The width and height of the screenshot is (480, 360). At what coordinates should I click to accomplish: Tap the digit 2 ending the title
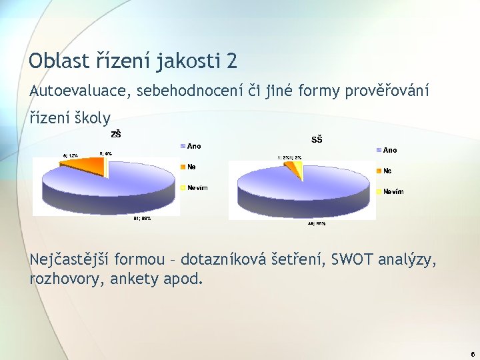231,61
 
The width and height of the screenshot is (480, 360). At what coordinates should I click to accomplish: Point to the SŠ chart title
317,139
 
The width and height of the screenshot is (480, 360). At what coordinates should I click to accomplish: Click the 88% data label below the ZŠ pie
142,218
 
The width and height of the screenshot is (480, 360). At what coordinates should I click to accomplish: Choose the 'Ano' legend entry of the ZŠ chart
193,146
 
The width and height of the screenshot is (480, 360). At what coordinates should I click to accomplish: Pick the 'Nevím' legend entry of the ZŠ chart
197,188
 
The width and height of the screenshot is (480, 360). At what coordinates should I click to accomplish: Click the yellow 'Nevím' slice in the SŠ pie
300,171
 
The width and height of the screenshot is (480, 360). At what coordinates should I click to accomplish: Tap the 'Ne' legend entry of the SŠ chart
387,171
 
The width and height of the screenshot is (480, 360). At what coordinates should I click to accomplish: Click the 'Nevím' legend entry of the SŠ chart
393,192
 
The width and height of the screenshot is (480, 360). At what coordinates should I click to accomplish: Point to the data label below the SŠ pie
316,224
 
